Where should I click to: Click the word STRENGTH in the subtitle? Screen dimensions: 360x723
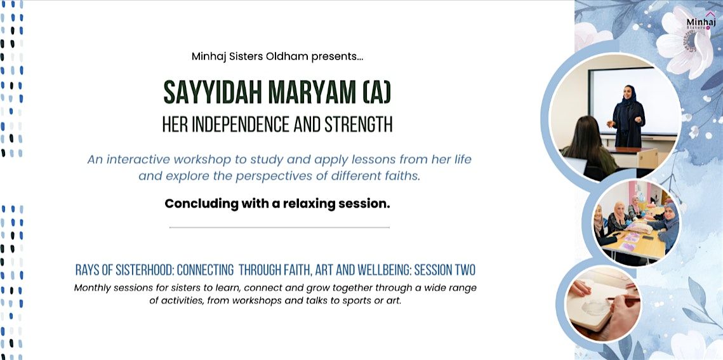pyautogui.click(x=359, y=124)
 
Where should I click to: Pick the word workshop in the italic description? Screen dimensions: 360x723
pyautogui.click(x=209, y=159)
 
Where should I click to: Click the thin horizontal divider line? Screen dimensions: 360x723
pyautogui.click(x=279, y=227)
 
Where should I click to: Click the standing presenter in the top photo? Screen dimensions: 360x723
pyautogui.click(x=628, y=114)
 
